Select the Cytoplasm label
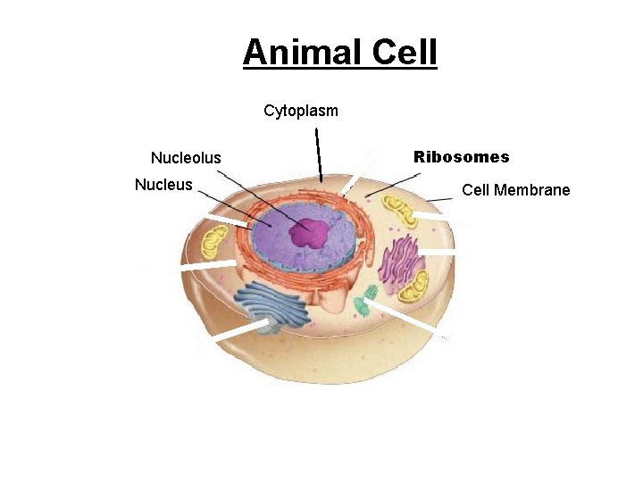coord(301,111)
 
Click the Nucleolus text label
coord(186,158)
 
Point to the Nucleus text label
coord(163,185)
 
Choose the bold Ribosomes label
coord(462,157)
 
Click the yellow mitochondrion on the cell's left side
coord(214,242)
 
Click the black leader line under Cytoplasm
coord(319,156)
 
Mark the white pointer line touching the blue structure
coord(241,331)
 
